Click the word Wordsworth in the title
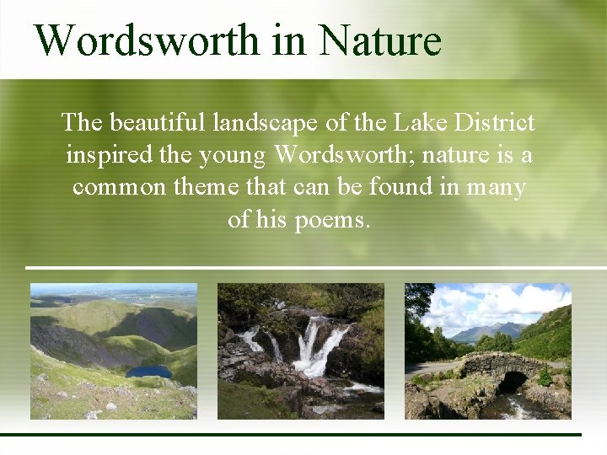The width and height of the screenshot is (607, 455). point(146,40)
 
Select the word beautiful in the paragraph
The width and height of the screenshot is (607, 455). point(157,124)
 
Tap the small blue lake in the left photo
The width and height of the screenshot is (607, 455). point(147,371)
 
